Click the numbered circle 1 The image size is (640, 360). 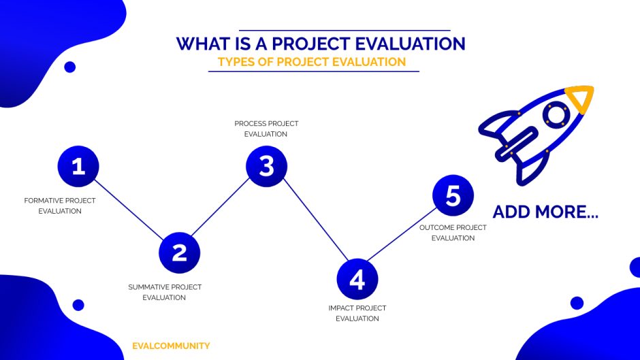coord(78,166)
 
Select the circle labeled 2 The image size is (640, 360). coord(179,252)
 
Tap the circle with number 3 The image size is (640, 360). coord(266,166)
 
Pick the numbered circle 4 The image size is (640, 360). coord(357,280)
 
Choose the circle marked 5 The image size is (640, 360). coord(453,196)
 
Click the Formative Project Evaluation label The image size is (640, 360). coord(60,206)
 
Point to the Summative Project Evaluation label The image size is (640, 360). coord(165,292)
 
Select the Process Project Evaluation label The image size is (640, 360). coord(266,129)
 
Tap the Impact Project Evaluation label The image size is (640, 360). coord(357,313)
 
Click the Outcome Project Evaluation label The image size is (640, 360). coord(453,233)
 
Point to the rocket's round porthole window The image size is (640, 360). coord(556,114)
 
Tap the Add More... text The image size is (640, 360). coord(545,212)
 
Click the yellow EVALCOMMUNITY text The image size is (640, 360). coord(171,346)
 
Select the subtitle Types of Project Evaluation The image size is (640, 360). coord(312,62)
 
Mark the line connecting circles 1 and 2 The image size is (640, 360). coord(129,210)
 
